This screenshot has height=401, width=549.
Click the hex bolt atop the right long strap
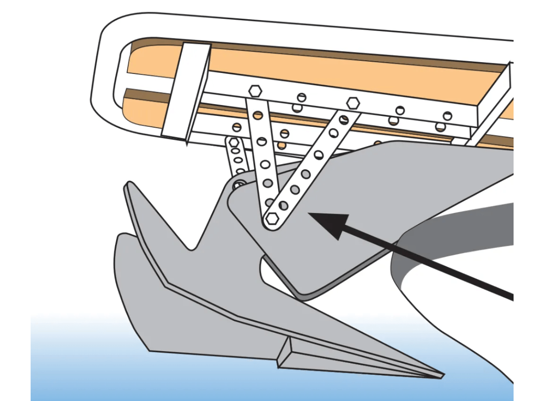353,103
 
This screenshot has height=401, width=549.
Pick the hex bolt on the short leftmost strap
234,143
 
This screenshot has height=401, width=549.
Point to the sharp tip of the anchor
443,375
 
